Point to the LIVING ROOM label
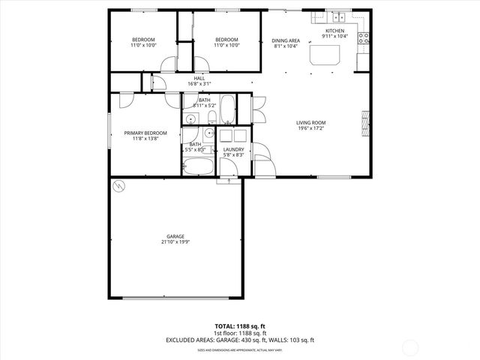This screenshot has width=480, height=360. coord(311,122)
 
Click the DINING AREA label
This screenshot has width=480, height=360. coord(285,40)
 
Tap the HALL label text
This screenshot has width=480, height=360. coord(199,78)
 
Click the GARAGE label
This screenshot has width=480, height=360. coord(176,236)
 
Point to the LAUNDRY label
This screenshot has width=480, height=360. coord(232,149)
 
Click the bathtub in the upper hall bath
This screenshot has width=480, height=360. coord(227,109)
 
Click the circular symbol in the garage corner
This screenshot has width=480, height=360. coord(118,184)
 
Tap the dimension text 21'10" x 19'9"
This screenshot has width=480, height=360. coord(176,242)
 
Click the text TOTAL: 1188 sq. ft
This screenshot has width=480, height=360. coord(240,326)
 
